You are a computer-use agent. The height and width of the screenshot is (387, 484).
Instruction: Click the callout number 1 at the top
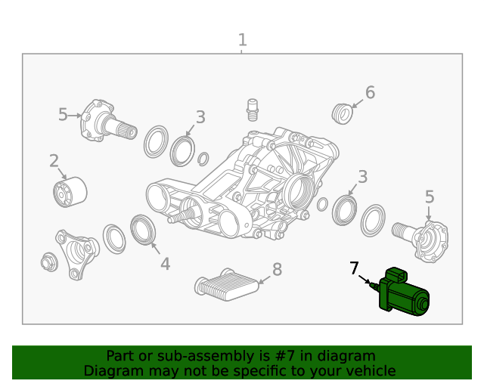pos(242,39)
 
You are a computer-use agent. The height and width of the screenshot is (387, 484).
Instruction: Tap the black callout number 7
pos(354,268)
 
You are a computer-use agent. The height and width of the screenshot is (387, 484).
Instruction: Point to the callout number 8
pos(277,269)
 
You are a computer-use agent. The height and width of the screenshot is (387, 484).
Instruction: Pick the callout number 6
pos(370,92)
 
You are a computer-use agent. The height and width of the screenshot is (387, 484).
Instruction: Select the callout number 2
pos(54,160)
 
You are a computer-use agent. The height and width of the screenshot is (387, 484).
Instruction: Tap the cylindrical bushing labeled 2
pos(70,192)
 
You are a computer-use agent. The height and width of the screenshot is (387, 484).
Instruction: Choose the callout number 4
pos(165,264)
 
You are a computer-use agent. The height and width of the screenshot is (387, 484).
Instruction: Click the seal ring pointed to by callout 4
pos(143,230)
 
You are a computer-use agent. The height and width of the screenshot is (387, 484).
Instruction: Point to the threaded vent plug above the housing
pos(251,109)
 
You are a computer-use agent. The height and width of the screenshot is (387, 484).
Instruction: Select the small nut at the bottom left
pos(49,262)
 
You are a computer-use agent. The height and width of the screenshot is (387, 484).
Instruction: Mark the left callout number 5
pos(63,114)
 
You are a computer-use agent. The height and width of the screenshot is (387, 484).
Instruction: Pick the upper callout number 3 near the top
pos(200,116)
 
